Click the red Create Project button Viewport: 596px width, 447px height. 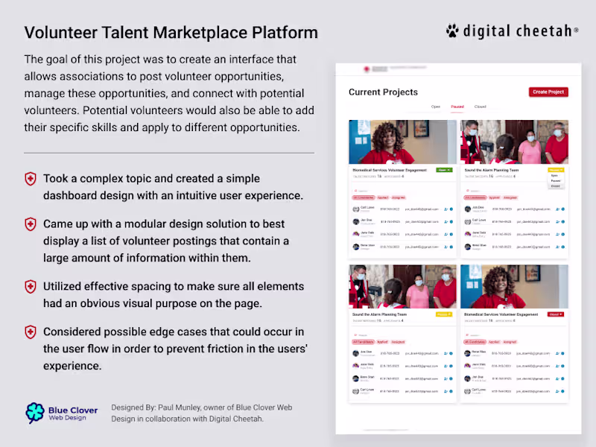pos(549,92)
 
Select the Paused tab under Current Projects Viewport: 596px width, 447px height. pos(457,107)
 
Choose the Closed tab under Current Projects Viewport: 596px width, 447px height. pos(480,107)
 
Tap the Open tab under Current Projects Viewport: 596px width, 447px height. pos(435,107)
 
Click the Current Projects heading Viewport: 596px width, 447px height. pos(383,92)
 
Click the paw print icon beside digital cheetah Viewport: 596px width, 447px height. pos(452,31)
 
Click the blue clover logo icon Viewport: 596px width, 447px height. pos(35,413)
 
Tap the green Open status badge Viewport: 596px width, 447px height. pos(444,170)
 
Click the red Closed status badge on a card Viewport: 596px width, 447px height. pos(555,314)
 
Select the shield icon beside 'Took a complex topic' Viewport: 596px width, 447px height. pos(31,179)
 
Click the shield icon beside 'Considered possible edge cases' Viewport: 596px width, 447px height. pos(31,332)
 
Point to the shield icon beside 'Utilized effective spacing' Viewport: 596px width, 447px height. pos(31,287)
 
